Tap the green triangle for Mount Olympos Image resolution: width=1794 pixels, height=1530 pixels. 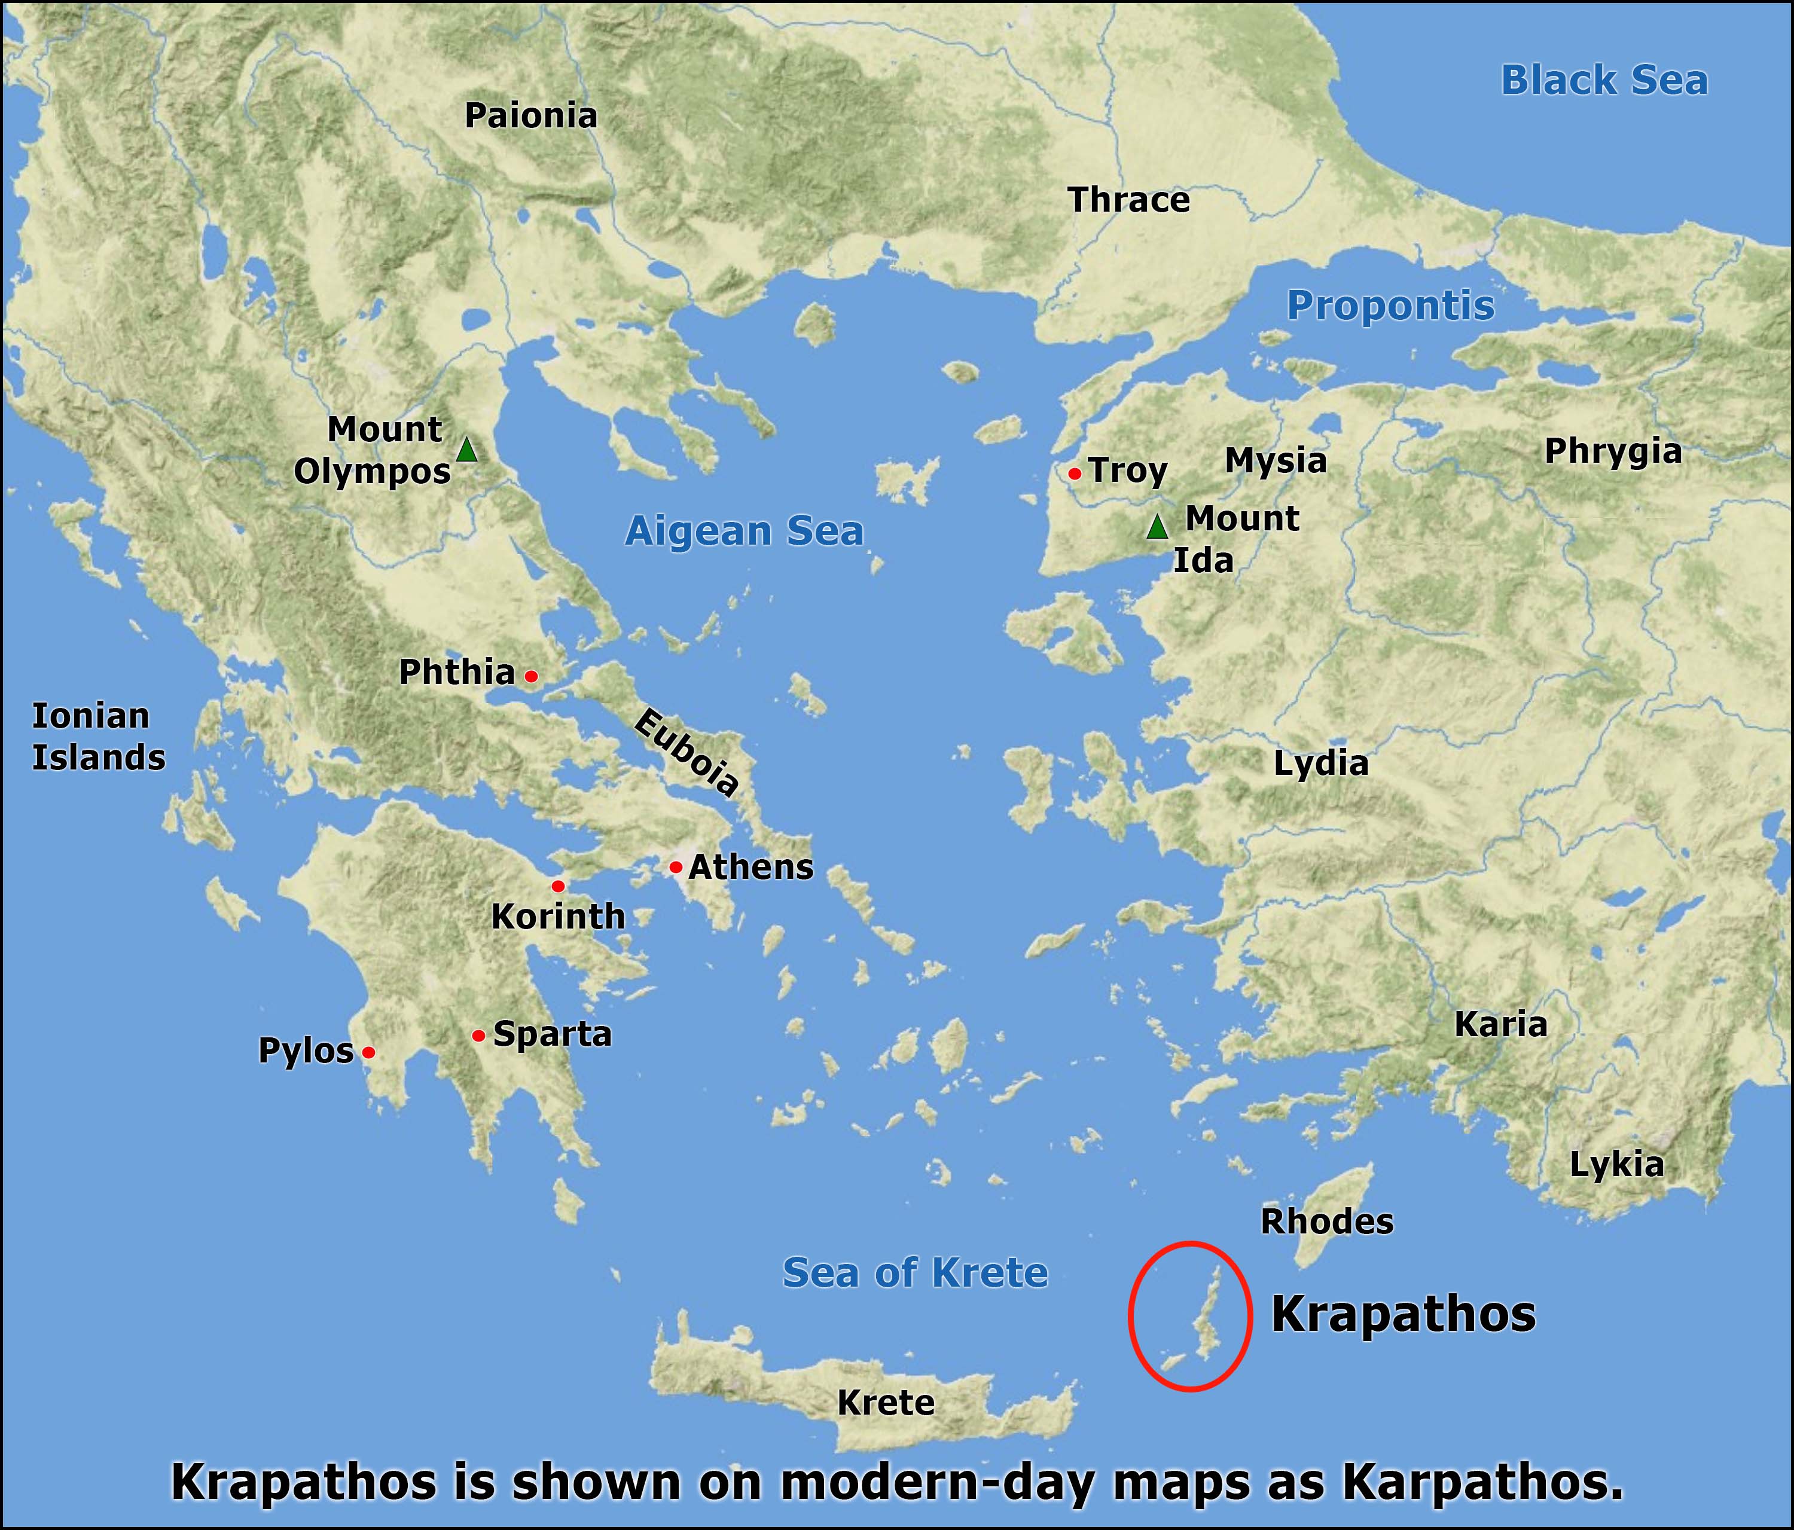coord(466,450)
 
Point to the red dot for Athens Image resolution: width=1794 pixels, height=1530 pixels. coord(675,867)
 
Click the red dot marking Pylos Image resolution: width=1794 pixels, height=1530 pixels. coord(368,1052)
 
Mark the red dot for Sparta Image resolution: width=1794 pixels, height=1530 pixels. coord(478,1036)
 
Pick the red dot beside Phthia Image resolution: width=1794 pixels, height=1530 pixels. coord(531,676)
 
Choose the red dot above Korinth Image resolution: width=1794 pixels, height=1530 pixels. coord(557,886)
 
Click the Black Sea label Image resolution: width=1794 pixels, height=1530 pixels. coord(1603,81)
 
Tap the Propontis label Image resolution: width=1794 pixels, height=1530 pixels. coord(1390,306)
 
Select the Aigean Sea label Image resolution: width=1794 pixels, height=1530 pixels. coord(744,531)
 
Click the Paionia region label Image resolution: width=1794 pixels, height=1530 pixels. coord(531,116)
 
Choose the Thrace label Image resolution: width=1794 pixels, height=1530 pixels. coord(1128,200)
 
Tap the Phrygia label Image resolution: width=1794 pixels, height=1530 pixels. coord(1612,451)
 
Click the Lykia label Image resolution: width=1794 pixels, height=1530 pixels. coord(1616,1165)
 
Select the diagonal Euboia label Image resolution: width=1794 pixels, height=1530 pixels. coord(687,752)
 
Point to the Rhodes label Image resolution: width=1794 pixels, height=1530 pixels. coord(1326,1221)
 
